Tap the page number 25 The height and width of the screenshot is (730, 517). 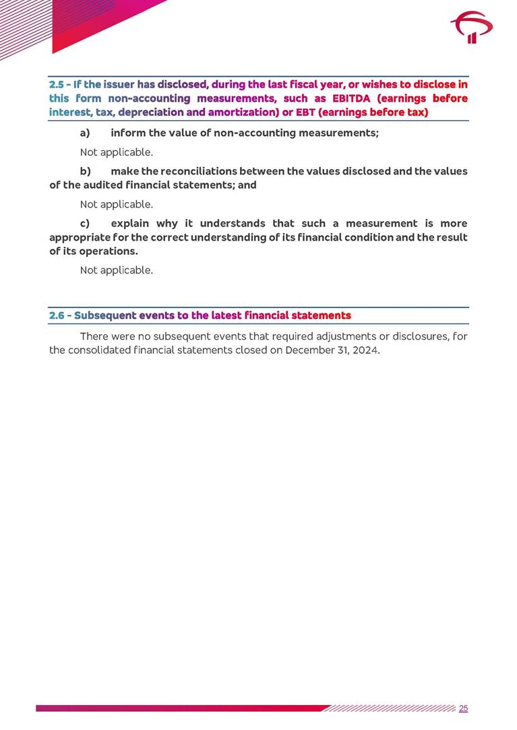pos(463,708)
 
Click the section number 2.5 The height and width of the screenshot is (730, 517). pos(57,85)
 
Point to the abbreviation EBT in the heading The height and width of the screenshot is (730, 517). pos(305,112)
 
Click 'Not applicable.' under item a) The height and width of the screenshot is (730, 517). pos(117,152)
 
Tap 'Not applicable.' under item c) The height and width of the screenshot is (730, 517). pos(117,270)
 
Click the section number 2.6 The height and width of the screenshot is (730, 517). pos(58,315)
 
